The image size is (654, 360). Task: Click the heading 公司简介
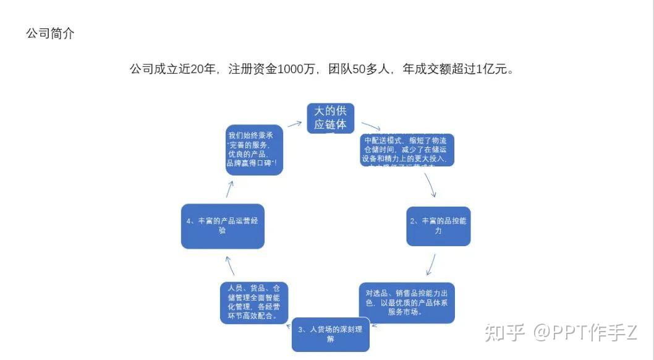click(50, 34)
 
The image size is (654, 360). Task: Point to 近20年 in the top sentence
click(197, 69)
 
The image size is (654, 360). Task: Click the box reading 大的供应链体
click(331, 118)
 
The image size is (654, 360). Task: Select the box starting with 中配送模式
click(407, 150)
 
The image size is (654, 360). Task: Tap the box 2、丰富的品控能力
click(438, 226)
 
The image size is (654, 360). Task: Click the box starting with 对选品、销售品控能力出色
click(407, 302)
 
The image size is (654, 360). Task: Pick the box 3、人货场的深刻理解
click(331, 334)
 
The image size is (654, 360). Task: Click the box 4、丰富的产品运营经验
click(223, 226)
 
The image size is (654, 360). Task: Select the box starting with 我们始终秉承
click(254, 151)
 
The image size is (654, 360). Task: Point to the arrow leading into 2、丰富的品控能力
click(431, 185)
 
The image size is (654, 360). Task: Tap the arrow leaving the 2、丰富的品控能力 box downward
click(431, 264)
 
